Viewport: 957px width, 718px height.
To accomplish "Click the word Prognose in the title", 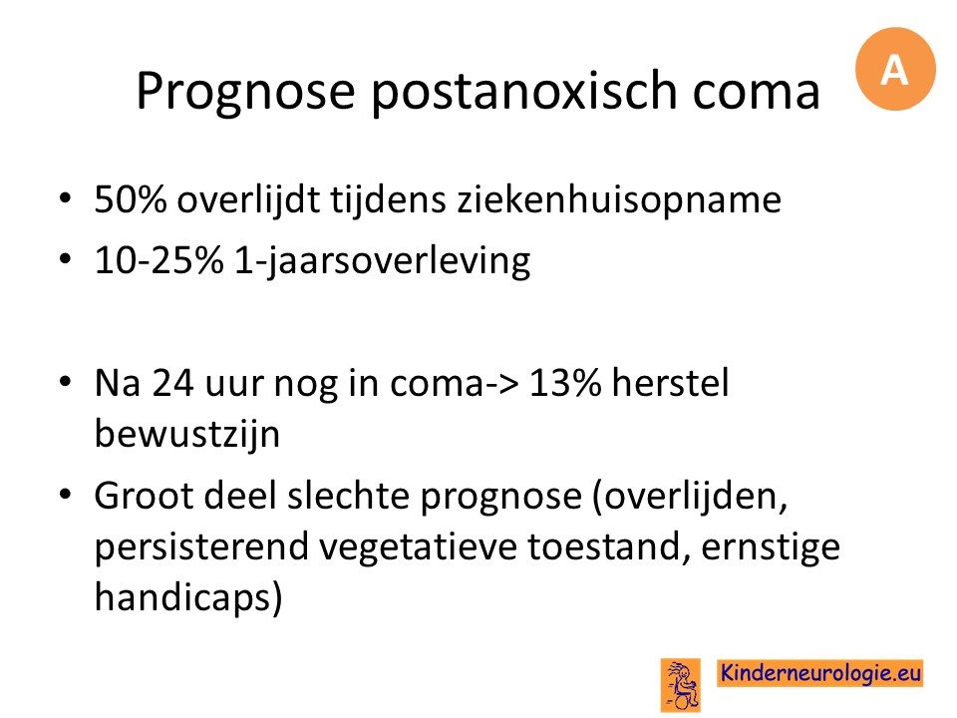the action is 245,92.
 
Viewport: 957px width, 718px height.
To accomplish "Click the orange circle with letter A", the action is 895,69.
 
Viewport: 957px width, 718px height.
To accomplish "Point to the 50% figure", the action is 131,198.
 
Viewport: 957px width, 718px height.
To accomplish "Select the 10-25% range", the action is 159,260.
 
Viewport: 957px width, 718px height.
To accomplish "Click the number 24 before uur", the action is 173,383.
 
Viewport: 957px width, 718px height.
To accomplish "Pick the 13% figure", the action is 565,383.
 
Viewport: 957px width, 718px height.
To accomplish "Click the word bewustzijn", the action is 187,435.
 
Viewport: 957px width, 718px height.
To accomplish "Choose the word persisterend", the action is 202,546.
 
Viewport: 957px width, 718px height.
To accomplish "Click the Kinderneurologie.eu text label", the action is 820,673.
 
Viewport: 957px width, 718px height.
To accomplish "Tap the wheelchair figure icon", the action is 681,685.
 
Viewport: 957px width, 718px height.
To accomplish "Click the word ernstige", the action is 771,547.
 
